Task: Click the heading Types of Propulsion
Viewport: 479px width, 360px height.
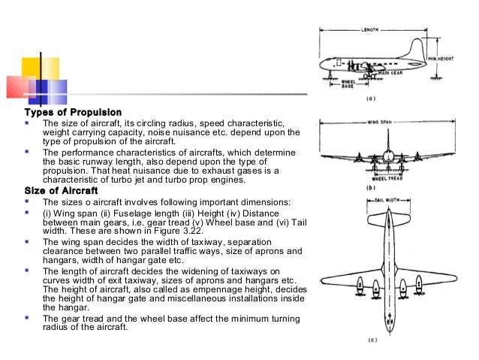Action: [73, 113]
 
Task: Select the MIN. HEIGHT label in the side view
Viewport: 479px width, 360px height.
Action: [441, 59]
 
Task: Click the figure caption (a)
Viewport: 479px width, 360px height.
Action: [381, 98]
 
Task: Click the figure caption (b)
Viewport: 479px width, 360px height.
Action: [381, 188]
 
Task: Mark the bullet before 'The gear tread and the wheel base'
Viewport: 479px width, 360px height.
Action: [27, 318]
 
